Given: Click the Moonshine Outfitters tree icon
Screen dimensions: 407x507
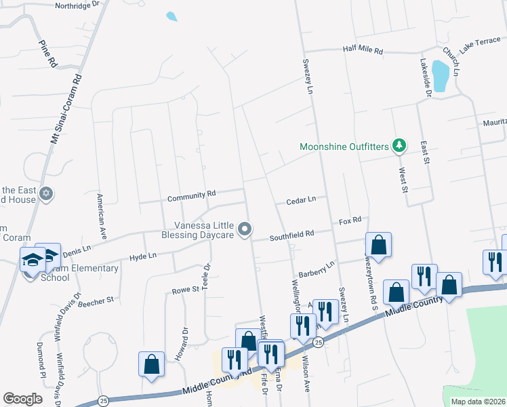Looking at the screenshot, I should [400, 146].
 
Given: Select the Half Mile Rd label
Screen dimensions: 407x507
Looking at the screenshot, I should [363, 51].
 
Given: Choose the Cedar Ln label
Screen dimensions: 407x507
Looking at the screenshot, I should [301, 200].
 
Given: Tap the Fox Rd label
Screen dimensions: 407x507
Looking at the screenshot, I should [350, 220].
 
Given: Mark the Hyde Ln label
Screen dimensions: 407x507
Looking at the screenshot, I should [142, 257].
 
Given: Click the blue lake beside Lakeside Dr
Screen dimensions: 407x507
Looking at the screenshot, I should [441, 75].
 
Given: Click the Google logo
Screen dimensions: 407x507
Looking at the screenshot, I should [22, 398].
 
